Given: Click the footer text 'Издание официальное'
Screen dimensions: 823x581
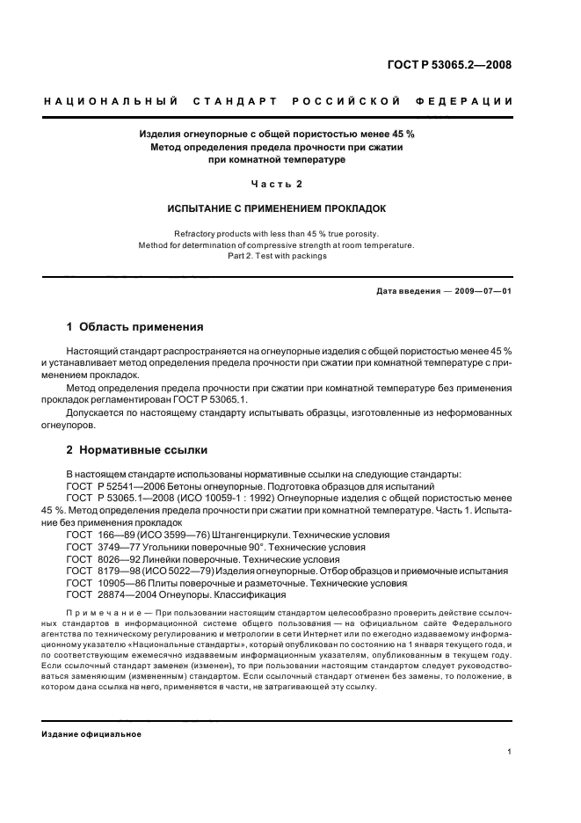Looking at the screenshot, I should click(x=91, y=733).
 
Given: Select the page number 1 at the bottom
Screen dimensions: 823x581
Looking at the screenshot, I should click(x=509, y=752).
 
